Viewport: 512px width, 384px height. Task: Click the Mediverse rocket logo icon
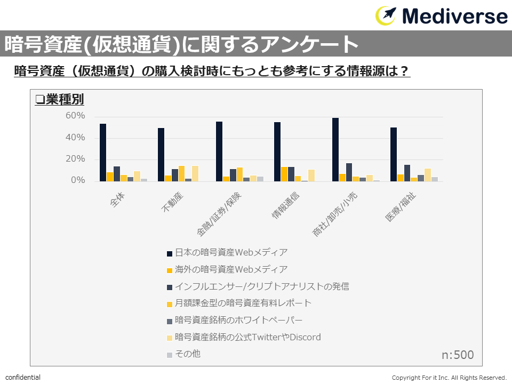coord(387,15)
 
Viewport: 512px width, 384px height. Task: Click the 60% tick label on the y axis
coord(75,116)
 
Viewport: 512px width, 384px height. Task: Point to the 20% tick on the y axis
coord(75,159)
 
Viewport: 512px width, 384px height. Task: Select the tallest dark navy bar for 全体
coord(103,153)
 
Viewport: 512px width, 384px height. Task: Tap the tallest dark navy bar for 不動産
coord(161,155)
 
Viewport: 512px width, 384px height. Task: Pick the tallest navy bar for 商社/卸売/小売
coord(335,150)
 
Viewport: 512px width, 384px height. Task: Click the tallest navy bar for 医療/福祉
coord(394,154)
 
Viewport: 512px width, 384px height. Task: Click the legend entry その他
coord(187,354)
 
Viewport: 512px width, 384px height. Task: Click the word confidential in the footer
coord(23,378)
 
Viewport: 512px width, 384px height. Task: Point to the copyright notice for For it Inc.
coord(449,378)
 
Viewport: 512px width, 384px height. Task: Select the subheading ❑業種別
coord(59,100)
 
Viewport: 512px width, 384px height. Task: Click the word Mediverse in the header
coord(455,16)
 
